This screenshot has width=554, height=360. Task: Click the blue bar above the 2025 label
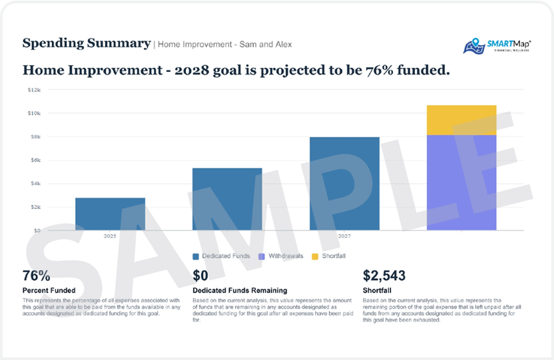[x=110, y=214]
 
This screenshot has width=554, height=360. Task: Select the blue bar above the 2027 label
[x=344, y=184]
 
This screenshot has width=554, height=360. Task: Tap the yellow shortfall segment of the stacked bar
[x=461, y=120]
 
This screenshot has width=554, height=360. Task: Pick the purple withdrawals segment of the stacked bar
[x=461, y=182]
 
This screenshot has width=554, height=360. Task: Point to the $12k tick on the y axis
[x=34, y=89]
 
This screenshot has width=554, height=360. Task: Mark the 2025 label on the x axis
[x=110, y=236]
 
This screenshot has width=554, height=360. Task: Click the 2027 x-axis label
[x=344, y=236]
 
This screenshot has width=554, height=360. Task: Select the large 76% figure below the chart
[x=37, y=275]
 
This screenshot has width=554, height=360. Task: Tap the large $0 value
[x=200, y=275]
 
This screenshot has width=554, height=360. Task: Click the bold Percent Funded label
[x=51, y=290]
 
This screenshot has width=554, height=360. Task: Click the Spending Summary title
[x=87, y=43]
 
